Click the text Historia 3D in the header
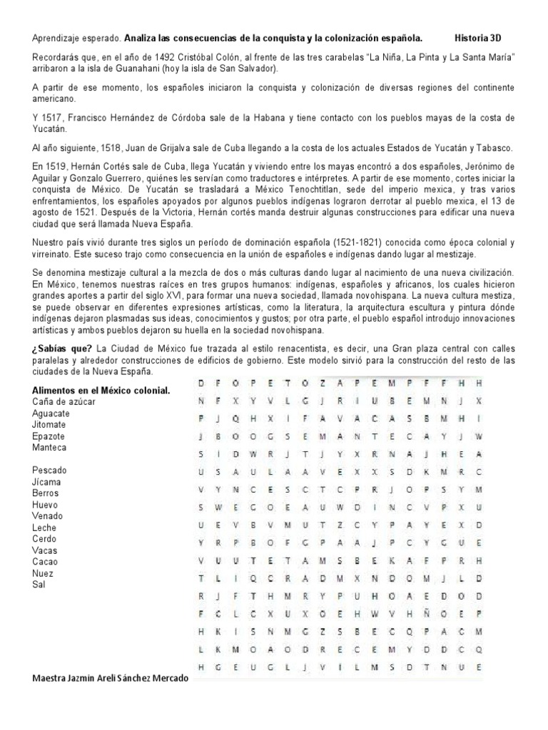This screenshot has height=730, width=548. tap(483, 37)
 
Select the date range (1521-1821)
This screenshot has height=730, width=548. tap(338, 243)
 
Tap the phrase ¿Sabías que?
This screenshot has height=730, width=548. tap(62, 349)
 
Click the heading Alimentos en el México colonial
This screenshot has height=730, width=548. tap(101, 391)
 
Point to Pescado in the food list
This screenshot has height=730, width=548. tap(50, 471)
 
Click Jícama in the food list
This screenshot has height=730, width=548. tap(48, 482)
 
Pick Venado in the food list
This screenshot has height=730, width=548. tap(48, 516)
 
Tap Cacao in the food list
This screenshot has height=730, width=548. tap(46, 562)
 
